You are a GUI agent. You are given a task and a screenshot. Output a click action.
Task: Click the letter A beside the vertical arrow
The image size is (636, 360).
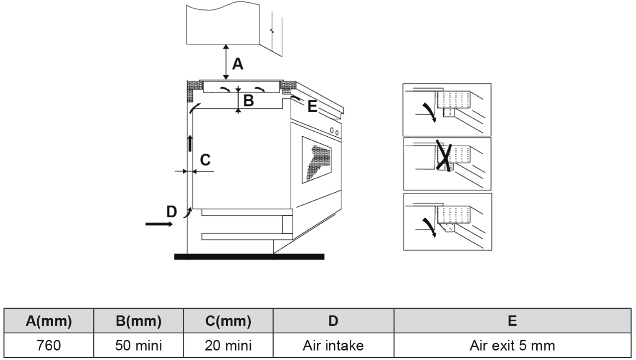pos(238,64)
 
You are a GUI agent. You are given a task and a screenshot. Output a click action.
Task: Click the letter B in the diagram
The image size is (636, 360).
pos(248,101)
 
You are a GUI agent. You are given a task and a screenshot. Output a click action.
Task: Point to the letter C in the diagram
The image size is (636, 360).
pos(205,160)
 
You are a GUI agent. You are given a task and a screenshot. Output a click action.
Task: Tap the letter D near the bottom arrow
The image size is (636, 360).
pos(171,212)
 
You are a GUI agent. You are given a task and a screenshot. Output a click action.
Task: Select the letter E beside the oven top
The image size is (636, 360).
pos(312,106)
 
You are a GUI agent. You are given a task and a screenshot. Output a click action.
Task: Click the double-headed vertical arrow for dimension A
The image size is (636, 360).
pos(226,62)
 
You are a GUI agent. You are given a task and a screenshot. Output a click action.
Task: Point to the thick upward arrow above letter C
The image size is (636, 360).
pos(189,143)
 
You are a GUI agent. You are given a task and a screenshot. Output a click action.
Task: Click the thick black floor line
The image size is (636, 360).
pos(249,257)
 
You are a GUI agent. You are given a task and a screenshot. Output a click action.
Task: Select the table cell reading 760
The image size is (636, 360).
pos(49,345)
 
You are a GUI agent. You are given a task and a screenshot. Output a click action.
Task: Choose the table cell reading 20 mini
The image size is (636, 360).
pos(228,345)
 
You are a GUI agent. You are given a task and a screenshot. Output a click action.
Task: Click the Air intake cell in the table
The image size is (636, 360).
pos(333,345)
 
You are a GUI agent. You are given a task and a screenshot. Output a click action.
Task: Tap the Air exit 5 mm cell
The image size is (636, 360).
pos(512,345)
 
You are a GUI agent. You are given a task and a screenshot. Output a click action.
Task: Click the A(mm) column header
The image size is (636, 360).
pos(49,321)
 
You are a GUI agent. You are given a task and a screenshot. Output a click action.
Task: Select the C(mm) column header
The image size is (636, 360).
pos(228,321)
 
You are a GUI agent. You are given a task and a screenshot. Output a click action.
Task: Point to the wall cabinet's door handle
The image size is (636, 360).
pos(271,31)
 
